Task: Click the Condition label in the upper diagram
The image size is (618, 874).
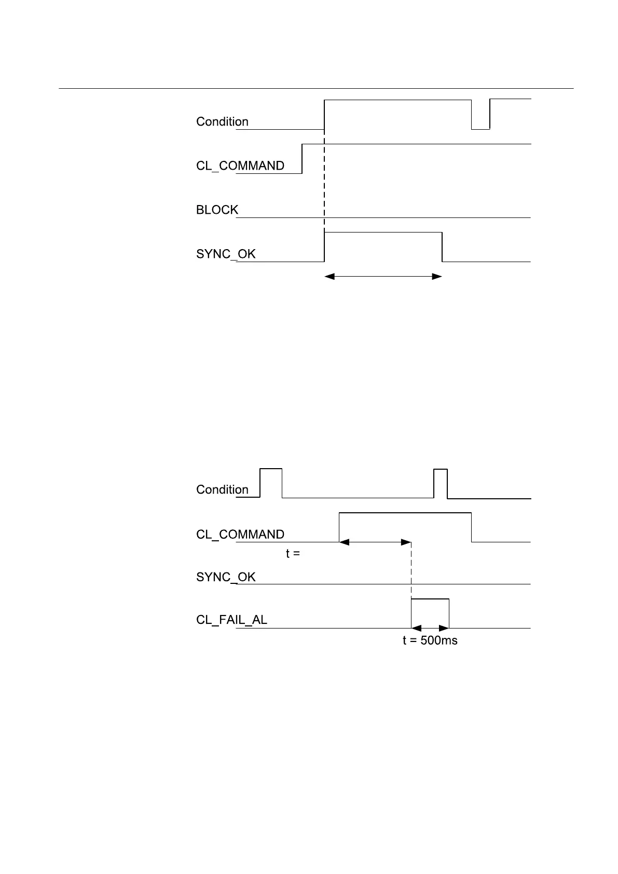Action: (222, 122)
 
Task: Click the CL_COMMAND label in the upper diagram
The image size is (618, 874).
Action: (240, 166)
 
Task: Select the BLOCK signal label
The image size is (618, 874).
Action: (217, 210)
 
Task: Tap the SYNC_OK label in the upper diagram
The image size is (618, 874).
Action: (226, 254)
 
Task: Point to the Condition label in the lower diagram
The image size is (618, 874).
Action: (222, 490)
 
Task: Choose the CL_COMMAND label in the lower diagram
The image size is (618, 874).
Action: (240, 535)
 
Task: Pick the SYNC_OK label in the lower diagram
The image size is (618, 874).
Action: (226, 577)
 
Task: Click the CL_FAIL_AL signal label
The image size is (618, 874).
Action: (231, 620)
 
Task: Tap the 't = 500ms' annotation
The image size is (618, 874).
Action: (430, 641)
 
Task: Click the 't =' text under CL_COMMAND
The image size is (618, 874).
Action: (293, 554)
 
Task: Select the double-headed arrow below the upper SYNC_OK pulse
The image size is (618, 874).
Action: (383, 277)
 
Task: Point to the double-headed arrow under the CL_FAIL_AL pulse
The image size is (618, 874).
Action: (430, 629)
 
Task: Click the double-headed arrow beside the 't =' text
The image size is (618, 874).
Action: (375, 542)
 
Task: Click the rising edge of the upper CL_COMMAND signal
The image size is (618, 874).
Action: (302, 158)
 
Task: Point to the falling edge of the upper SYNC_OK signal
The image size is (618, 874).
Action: (442, 247)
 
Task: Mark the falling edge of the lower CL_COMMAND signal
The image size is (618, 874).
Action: (472, 527)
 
